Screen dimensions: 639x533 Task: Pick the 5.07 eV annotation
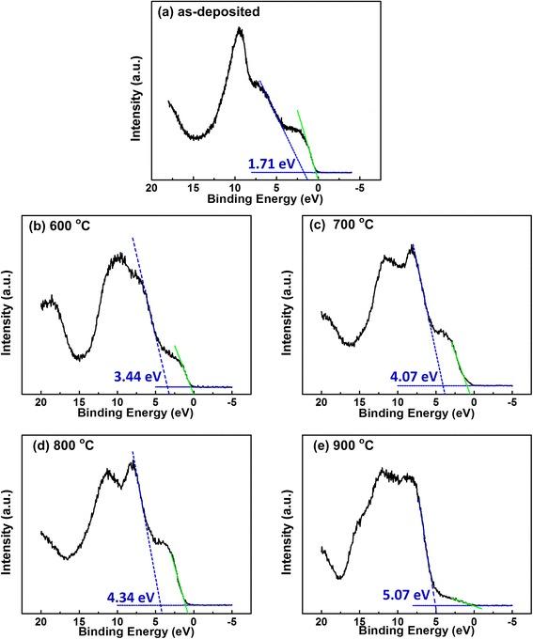point(406,595)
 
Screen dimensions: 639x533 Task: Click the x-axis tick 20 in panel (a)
point(151,188)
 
